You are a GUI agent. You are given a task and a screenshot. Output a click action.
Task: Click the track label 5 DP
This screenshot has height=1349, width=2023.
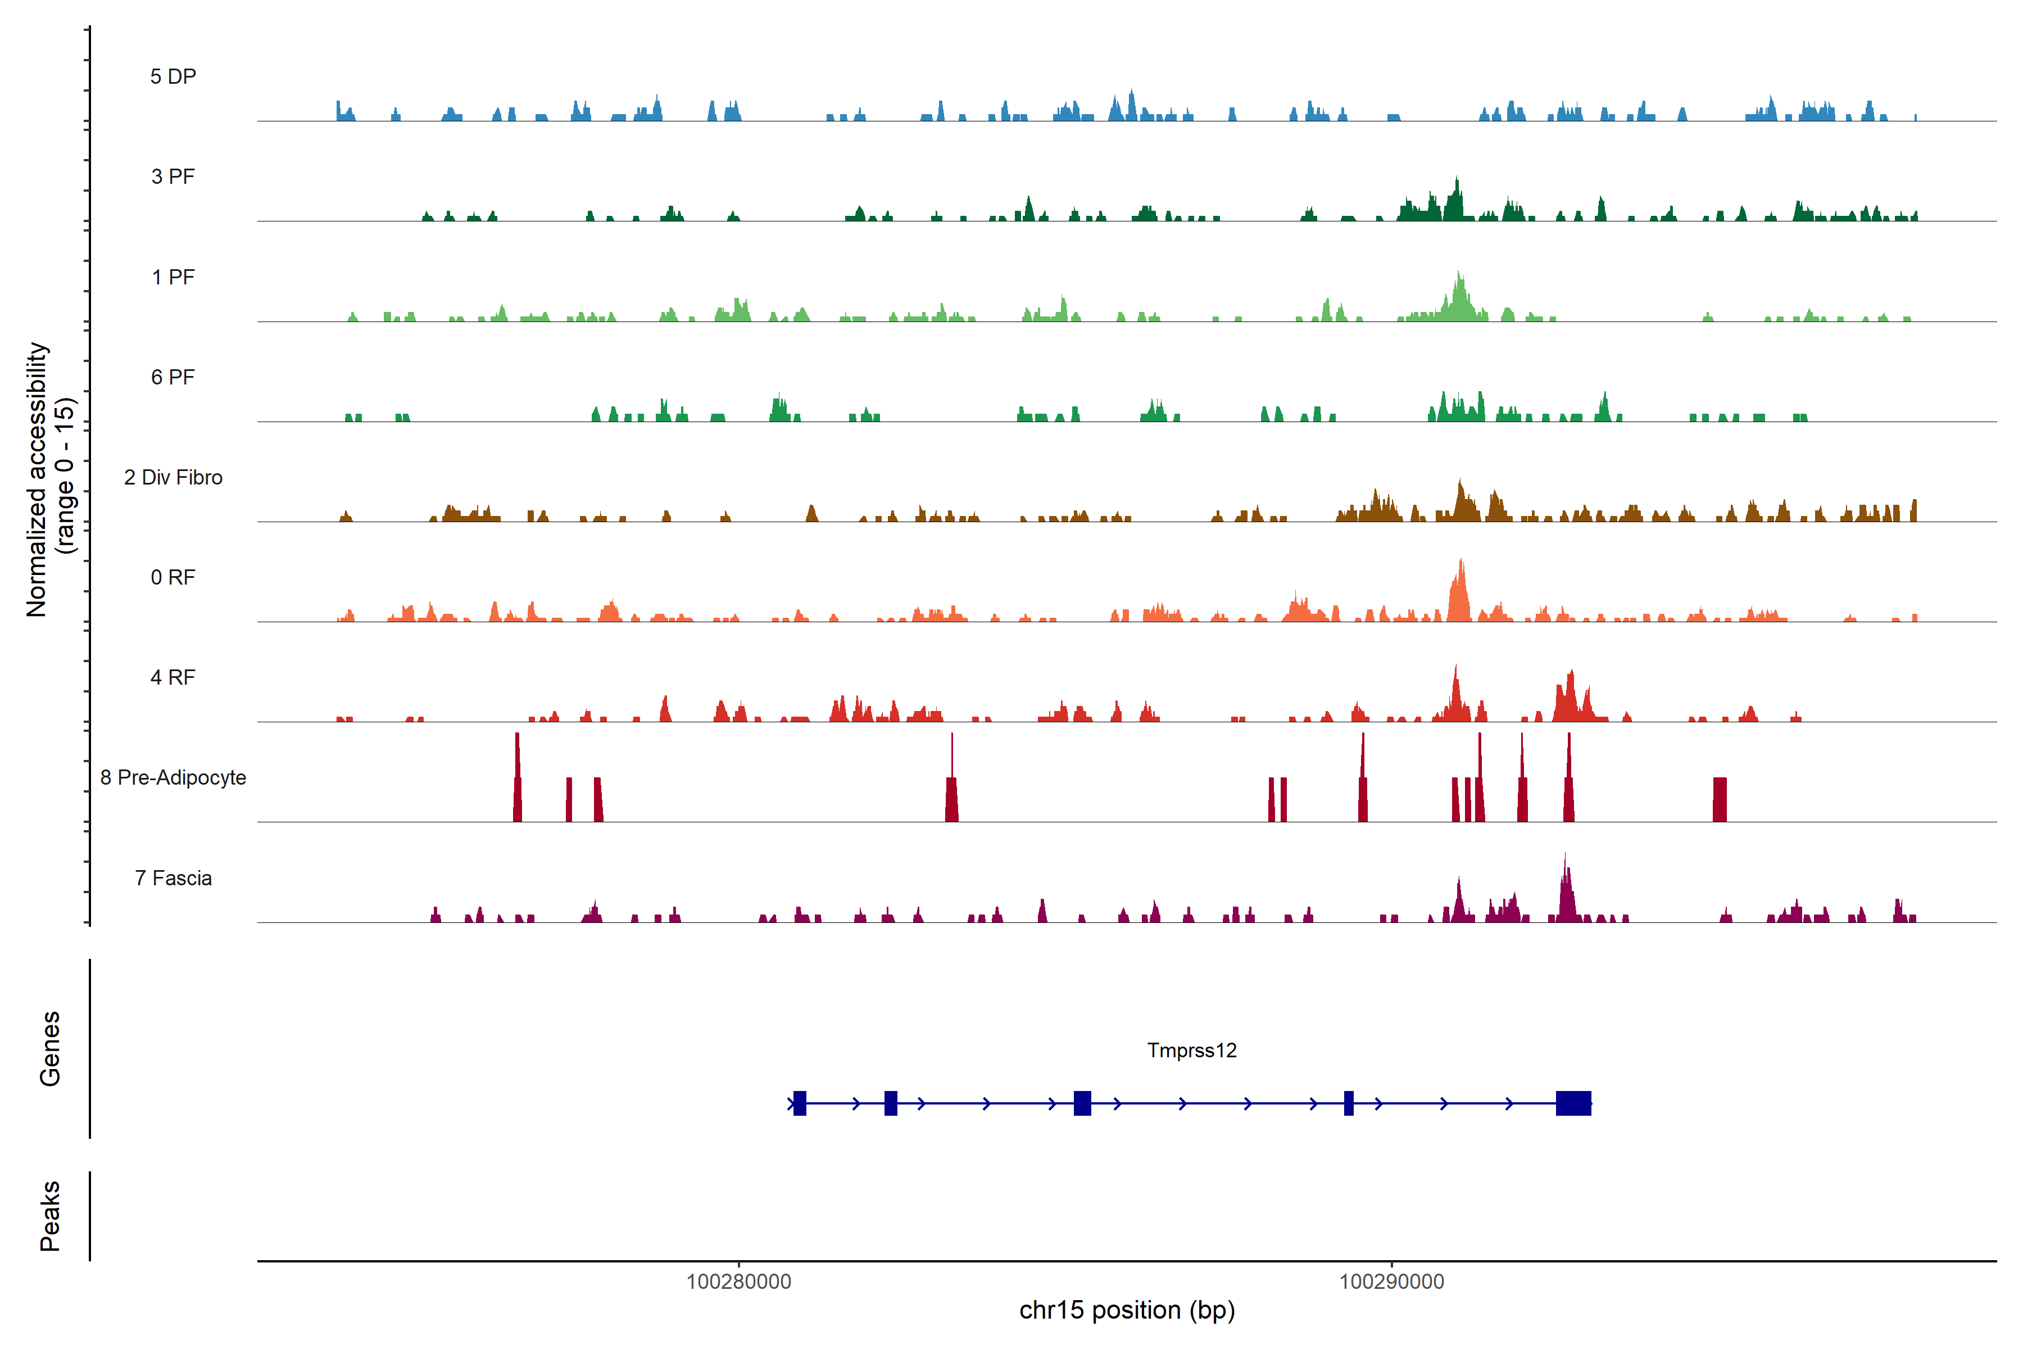[173, 76]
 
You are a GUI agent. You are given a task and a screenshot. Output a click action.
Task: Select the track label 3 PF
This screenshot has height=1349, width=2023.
[173, 176]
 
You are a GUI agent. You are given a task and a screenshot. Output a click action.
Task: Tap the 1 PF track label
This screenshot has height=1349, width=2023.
[173, 277]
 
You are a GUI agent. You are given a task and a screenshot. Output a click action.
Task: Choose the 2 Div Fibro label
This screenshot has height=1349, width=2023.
[173, 477]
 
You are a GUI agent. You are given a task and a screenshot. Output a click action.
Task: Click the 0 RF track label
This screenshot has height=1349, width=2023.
[173, 577]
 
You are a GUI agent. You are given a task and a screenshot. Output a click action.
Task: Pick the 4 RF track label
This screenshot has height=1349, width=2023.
[173, 677]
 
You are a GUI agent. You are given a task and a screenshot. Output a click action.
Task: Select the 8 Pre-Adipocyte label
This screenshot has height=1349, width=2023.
[173, 778]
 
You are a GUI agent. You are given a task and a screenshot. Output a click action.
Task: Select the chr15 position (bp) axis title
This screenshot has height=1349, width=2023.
[1127, 1310]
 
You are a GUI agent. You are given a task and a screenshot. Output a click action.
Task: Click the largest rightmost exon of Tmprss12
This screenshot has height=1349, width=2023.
[1573, 1103]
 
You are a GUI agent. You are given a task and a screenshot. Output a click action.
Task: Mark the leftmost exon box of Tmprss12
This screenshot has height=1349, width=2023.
[799, 1103]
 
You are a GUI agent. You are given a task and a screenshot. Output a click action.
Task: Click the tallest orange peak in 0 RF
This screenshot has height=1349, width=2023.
[1459, 594]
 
